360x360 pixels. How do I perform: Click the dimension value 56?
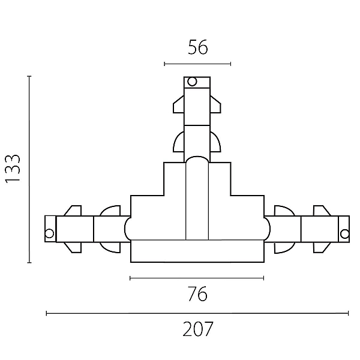click(x=197, y=47)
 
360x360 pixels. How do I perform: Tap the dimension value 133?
click(x=13, y=169)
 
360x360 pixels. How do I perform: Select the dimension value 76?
click(x=197, y=293)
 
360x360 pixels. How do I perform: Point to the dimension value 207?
click(x=198, y=329)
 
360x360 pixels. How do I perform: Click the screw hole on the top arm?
click(x=192, y=82)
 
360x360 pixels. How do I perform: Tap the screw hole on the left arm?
click(x=49, y=233)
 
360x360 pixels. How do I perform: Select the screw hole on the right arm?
click(x=344, y=234)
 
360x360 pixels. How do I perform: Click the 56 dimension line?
click(x=197, y=64)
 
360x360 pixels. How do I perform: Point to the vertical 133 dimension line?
click(x=29, y=169)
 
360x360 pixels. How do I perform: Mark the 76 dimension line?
click(x=197, y=278)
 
